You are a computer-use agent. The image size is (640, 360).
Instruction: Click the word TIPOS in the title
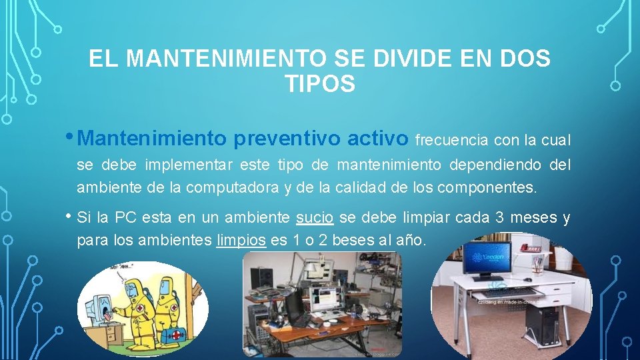[x=319, y=84]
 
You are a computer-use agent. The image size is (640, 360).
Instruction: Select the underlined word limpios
[x=241, y=240]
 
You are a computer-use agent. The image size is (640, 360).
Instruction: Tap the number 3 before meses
[x=499, y=218]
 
